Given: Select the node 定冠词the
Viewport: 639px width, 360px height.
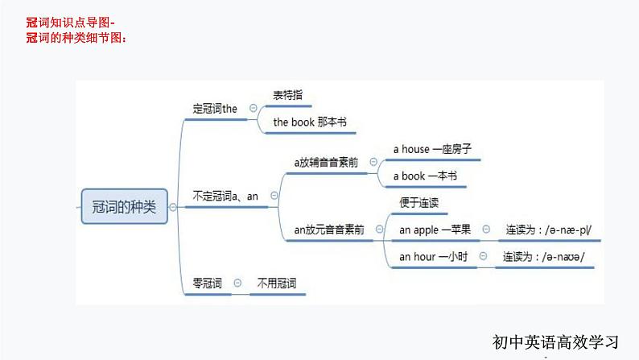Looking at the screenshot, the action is [216, 108].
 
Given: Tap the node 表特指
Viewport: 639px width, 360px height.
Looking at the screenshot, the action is [287, 95].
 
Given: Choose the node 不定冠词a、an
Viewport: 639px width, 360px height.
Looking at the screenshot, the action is [225, 196].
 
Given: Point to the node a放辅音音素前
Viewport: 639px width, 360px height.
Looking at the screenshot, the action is [326, 162].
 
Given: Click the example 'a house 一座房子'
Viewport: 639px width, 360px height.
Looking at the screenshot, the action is [431, 149].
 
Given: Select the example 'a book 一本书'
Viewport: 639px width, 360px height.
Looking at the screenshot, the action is [424, 175].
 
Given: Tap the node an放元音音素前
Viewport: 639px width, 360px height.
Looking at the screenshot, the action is [328, 230].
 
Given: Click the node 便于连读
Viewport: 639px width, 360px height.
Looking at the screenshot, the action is [418, 203].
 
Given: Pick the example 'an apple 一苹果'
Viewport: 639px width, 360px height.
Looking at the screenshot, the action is [435, 230].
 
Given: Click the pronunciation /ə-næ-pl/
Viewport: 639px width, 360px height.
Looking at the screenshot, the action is [548, 230].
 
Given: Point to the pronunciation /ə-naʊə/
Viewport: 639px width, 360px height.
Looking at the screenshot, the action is [543, 257].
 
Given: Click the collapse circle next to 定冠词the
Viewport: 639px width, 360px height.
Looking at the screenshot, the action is [254, 108].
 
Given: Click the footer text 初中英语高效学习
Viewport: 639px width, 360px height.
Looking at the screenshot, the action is [557, 341].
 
